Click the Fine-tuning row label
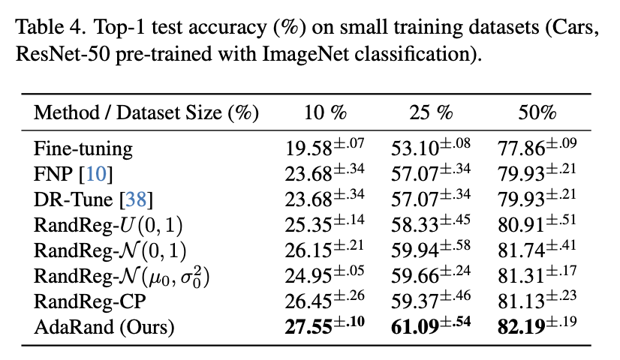click(83, 149)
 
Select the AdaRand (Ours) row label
click(104, 327)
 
